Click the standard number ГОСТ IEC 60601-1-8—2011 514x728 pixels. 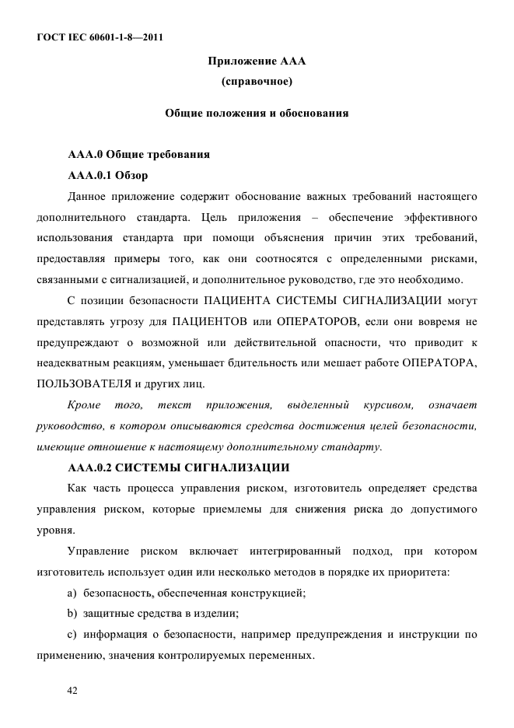pyautogui.click(x=99, y=37)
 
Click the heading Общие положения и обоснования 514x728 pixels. pyautogui.click(x=257, y=114)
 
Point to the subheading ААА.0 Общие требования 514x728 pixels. pyautogui.click(x=139, y=154)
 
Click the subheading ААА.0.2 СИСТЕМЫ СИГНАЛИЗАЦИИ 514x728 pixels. pyautogui.click(x=179, y=468)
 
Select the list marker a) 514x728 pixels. pyautogui.click(x=74, y=594)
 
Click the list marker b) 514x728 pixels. pyautogui.click(x=74, y=614)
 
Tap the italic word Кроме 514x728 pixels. pyautogui.click(x=85, y=406)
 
